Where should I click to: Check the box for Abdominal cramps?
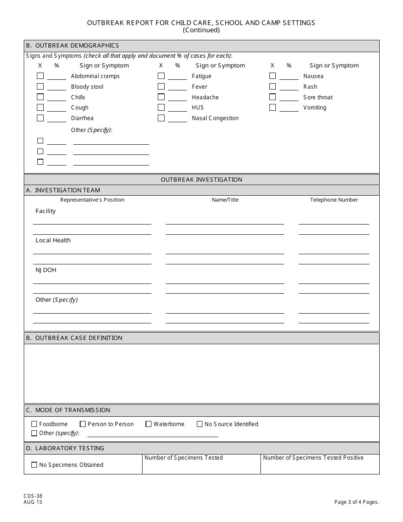click(x=40, y=76)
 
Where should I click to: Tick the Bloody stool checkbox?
click(x=40, y=87)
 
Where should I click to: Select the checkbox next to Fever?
click(x=161, y=87)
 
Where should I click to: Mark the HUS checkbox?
click(x=161, y=107)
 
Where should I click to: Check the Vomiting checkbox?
click(x=272, y=107)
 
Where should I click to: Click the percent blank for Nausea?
click(x=289, y=76)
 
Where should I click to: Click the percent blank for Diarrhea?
click(x=56, y=118)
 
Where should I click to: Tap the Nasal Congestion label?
click(x=215, y=118)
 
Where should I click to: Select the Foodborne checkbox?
click(x=34, y=424)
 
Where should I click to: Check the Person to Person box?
click(x=83, y=424)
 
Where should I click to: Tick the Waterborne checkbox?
click(x=148, y=424)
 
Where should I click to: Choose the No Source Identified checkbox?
click(x=200, y=424)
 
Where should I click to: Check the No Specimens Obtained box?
click(x=34, y=465)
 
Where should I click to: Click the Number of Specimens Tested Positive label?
click(x=313, y=457)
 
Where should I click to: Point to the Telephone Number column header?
click(x=334, y=200)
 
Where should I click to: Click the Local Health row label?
click(x=53, y=240)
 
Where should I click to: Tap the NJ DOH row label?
click(x=46, y=270)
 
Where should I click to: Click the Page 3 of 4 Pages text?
click(x=356, y=502)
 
